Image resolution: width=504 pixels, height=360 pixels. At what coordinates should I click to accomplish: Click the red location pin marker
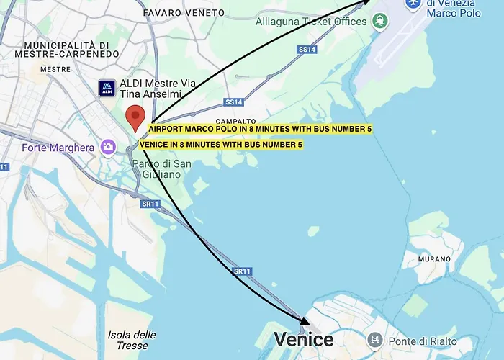pyautogui.click(x=135, y=117)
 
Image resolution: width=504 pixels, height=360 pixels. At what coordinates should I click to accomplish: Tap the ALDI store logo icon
pyautogui.click(x=107, y=89)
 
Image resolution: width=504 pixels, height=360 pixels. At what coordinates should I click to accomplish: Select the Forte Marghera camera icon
pyautogui.click(x=108, y=147)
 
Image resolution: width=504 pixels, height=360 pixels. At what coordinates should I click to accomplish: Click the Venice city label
pyautogui.click(x=304, y=339)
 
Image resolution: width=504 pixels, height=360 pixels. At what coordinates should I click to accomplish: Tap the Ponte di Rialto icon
pyautogui.click(x=374, y=340)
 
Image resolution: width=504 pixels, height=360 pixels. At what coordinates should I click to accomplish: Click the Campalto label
pyautogui.click(x=235, y=121)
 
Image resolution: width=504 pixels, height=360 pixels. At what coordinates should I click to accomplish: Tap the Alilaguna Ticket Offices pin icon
pyautogui.click(x=379, y=22)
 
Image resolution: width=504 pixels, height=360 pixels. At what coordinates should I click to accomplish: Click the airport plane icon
pyautogui.click(x=413, y=4)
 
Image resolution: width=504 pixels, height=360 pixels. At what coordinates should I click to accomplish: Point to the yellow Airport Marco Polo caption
pyautogui.click(x=260, y=129)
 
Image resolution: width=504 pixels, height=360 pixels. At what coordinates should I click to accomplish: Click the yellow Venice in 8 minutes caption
pyautogui.click(x=221, y=145)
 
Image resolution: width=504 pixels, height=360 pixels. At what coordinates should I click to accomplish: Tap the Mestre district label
pyautogui.click(x=55, y=69)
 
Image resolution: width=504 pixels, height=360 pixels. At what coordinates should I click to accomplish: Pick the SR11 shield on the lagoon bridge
pyautogui.click(x=242, y=271)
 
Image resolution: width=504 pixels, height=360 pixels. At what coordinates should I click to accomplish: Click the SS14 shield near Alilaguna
pyautogui.click(x=307, y=50)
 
